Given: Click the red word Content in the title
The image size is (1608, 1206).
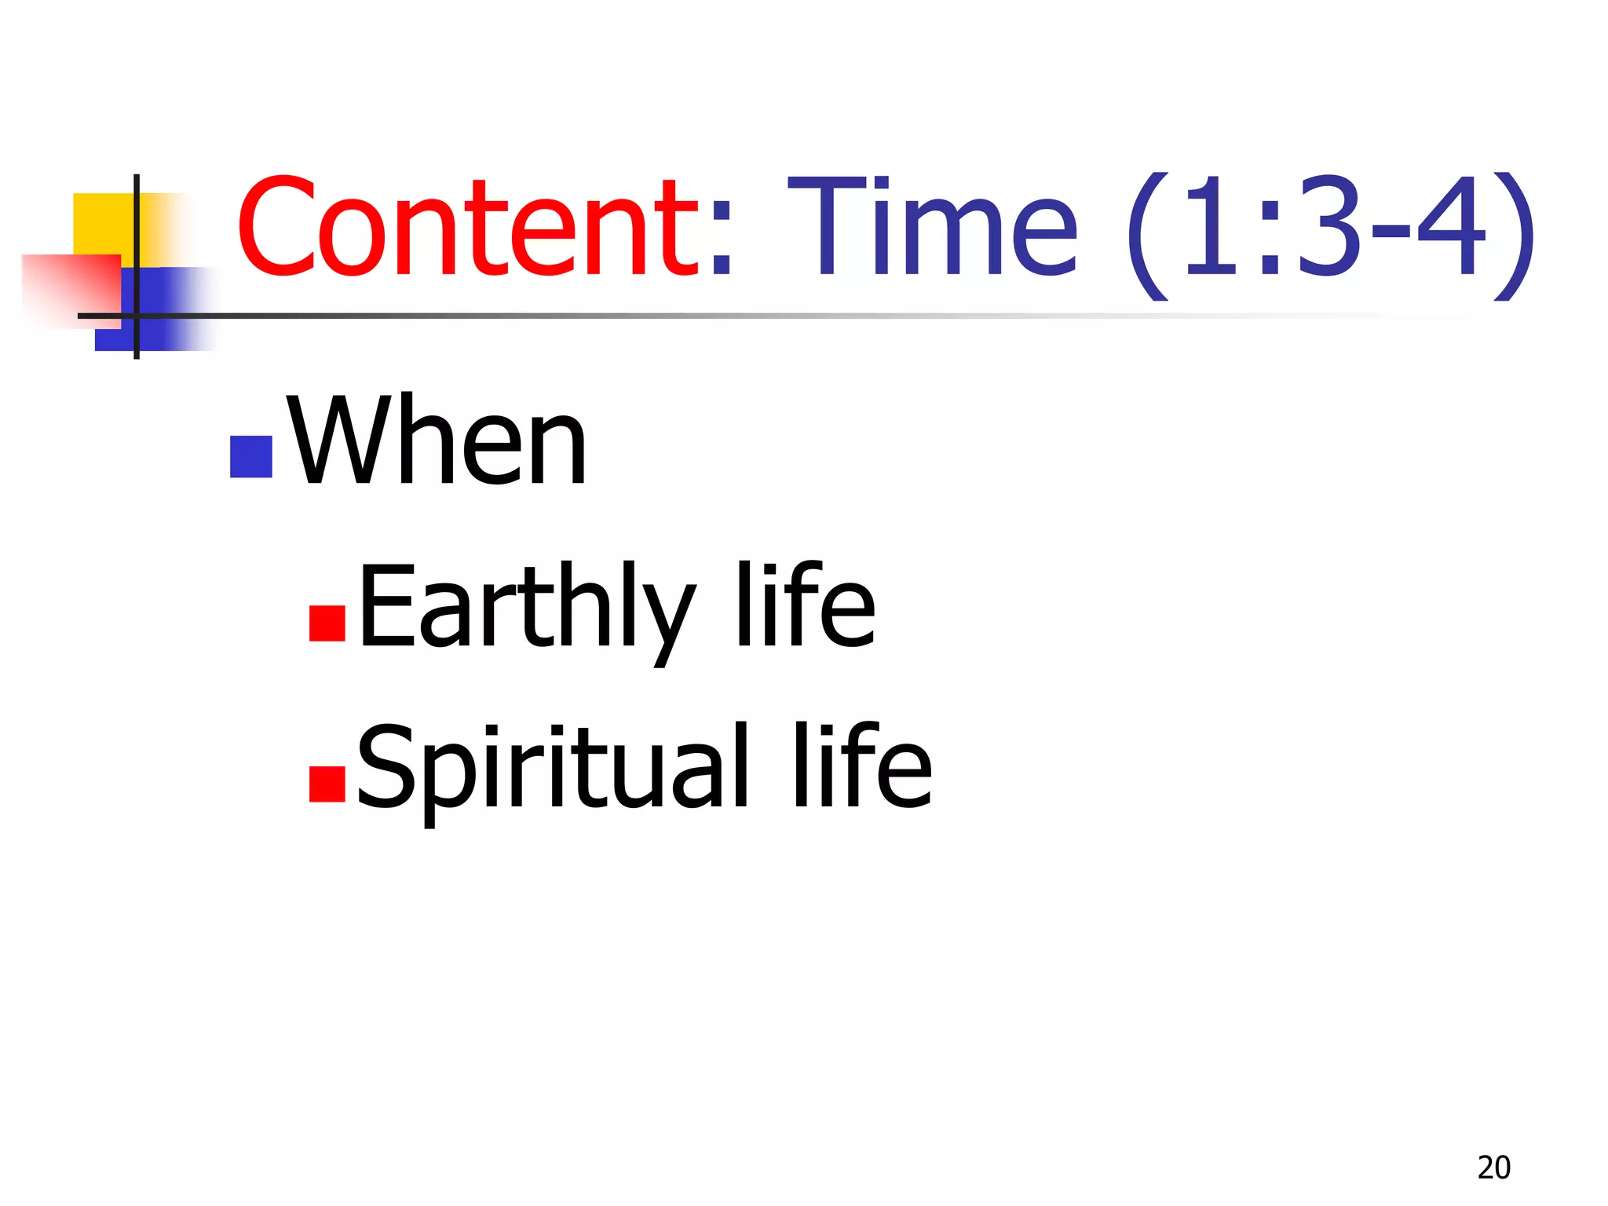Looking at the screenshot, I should tap(466, 228).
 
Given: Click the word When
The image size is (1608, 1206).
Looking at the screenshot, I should tap(437, 440).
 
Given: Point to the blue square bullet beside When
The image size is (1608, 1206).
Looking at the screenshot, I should tap(251, 456).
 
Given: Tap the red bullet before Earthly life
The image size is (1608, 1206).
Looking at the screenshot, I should tap(327, 623).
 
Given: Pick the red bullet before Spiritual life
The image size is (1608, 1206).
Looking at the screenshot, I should tap(327, 784).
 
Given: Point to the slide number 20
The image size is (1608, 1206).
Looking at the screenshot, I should tap(1493, 1168).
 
